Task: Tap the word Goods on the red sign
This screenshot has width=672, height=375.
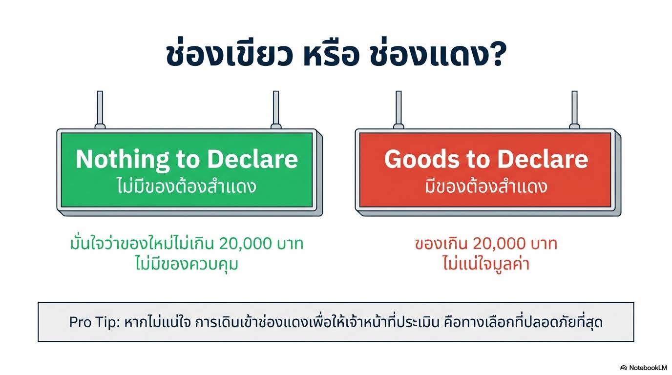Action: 422,159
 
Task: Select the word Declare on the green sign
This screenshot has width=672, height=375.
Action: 252,159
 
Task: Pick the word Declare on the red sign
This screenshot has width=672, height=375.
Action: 543,159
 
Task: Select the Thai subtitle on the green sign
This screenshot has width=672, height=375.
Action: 187,186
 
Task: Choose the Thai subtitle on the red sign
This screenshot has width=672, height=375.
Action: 486,186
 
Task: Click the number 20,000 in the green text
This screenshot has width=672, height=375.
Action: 245,244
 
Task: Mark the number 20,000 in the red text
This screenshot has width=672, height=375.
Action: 499,244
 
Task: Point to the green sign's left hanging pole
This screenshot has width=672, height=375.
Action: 100,110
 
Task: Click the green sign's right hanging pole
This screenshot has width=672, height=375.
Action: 276,110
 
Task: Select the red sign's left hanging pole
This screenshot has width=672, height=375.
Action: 399,110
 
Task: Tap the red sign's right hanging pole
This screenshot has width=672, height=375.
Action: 574,110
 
